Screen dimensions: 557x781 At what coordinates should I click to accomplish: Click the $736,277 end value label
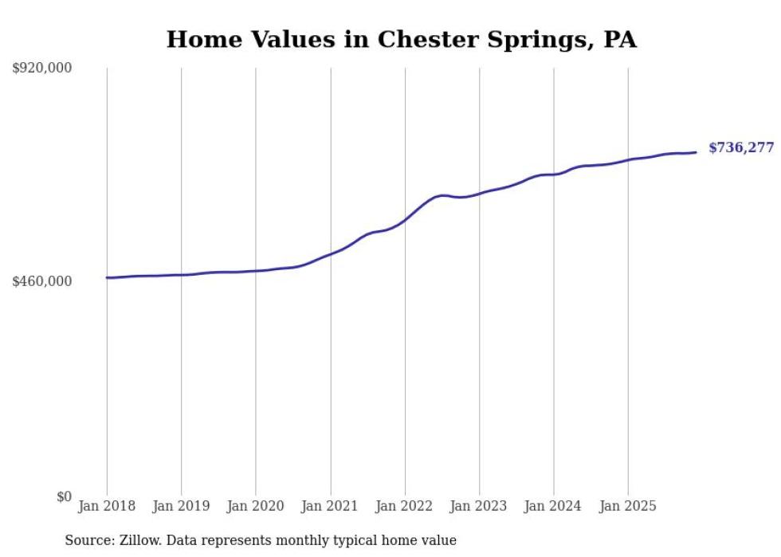coord(740,148)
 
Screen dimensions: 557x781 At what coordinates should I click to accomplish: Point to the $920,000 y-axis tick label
coord(42,69)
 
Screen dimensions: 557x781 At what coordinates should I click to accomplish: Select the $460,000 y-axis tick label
coord(42,281)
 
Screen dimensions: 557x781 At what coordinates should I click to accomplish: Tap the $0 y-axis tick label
coord(64,496)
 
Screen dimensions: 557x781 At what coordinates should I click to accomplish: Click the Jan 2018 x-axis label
coord(107,506)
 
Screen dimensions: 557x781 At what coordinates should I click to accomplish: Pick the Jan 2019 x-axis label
coord(181,506)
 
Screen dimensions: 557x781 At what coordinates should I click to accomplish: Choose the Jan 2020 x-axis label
coord(256,506)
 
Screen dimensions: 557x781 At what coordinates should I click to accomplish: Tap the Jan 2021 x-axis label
coord(330,506)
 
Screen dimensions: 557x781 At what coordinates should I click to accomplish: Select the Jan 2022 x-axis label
coord(405,506)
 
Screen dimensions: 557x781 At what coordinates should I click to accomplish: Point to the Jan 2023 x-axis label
coord(479,506)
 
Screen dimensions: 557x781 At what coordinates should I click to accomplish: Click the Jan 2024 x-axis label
coord(554,506)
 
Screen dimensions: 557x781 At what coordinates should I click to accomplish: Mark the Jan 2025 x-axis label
coord(628,506)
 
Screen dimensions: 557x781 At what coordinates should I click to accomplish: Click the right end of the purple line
coord(697,152)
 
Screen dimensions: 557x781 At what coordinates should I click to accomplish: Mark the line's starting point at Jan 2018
coord(107,278)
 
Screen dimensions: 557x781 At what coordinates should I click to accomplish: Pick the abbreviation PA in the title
coord(620,40)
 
